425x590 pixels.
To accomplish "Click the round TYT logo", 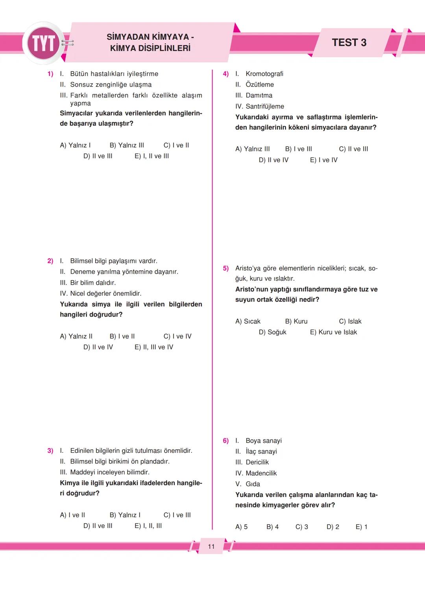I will point(44,43).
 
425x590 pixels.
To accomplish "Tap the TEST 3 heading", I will point(349,42).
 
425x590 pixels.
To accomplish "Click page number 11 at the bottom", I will point(211,546).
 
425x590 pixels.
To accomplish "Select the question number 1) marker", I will point(50,74).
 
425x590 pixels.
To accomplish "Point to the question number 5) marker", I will point(226,268).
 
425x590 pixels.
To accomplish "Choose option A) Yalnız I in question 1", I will point(75,145).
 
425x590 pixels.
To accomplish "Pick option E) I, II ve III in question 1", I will point(152,156).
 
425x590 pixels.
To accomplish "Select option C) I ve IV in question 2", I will point(177,336).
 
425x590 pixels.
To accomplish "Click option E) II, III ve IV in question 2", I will point(153,347).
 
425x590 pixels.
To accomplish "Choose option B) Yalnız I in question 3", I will point(125,515).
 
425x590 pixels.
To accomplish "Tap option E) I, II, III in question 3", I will point(148,526).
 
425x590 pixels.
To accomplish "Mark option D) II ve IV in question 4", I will point(273,160).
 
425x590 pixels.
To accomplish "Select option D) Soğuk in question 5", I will point(272,332).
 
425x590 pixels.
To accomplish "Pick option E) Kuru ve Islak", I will point(333,332).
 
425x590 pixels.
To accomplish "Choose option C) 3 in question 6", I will point(302,527).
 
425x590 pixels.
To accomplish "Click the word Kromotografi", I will point(264,74).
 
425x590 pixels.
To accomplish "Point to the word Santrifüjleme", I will point(264,107).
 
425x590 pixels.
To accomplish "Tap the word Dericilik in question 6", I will point(257,462).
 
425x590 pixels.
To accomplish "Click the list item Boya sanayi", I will point(263,441).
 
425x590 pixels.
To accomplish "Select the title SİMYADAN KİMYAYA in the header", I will point(150,37).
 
